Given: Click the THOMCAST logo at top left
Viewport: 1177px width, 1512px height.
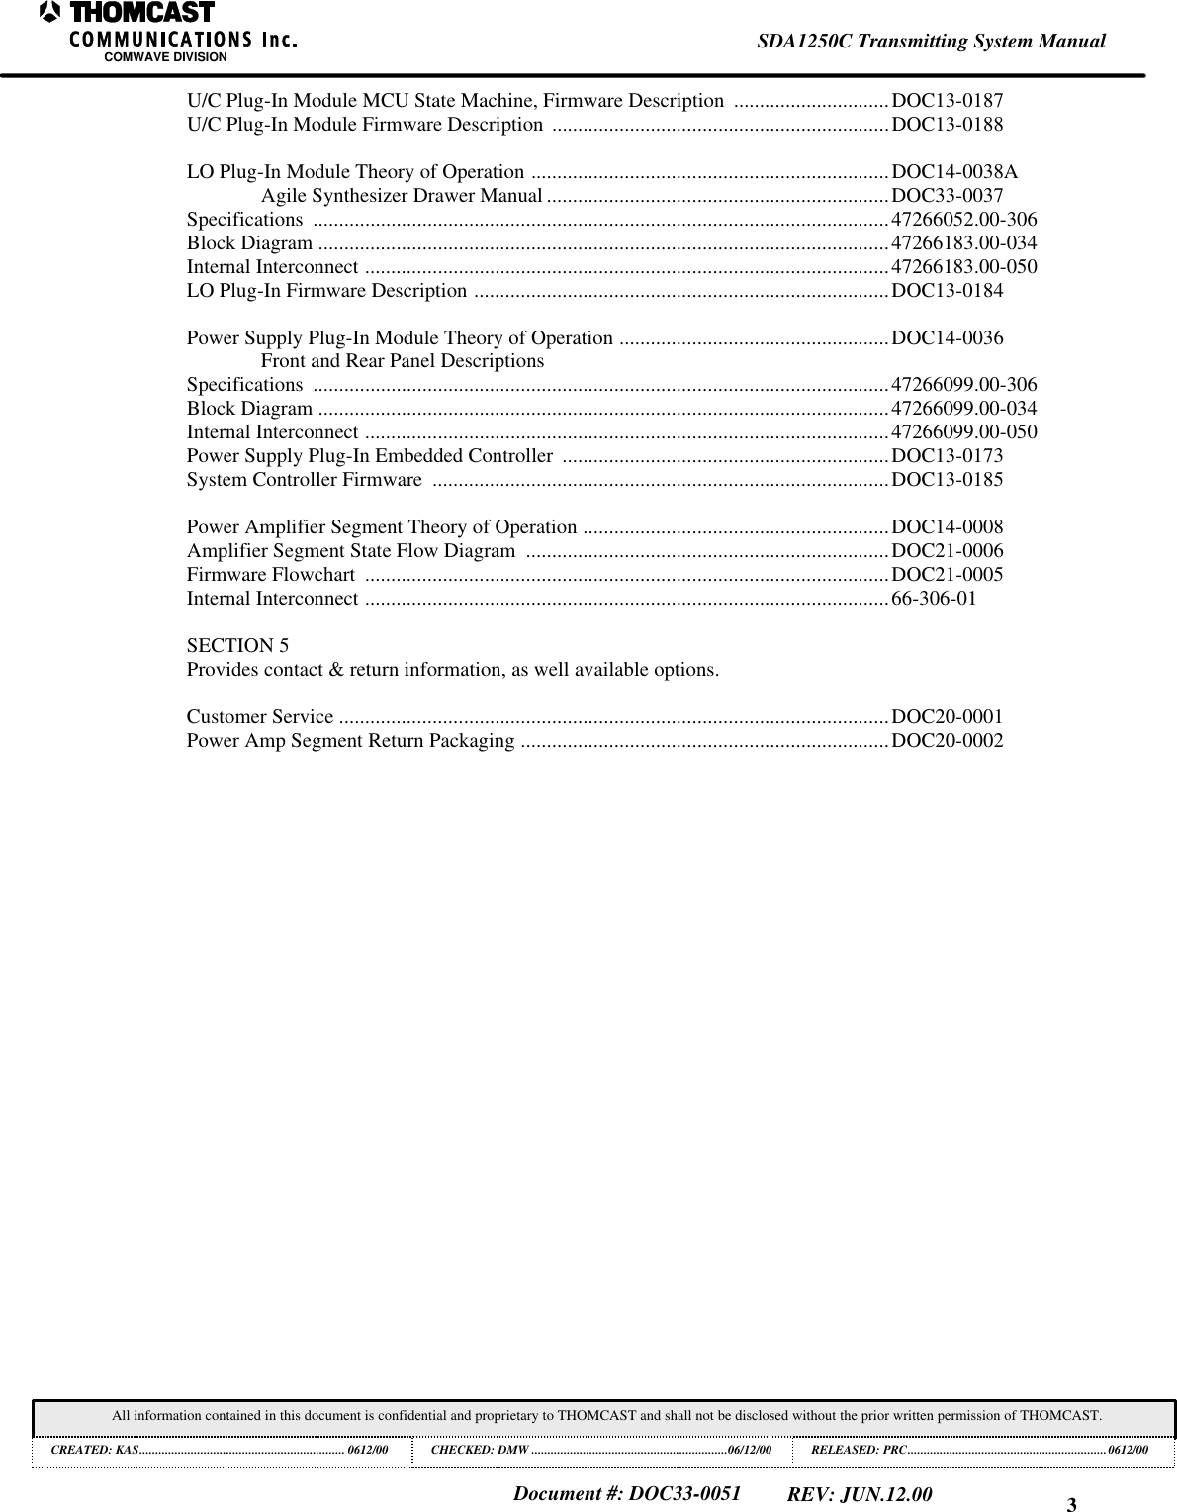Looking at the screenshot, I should click(x=129, y=14).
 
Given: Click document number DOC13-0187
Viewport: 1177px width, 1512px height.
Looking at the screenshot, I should click(x=947, y=101).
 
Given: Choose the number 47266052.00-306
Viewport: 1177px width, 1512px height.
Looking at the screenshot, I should click(x=964, y=219).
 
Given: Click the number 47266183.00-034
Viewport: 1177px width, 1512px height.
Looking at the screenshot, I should click(x=964, y=242).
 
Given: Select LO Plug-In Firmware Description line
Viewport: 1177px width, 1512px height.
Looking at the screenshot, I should click(x=327, y=291).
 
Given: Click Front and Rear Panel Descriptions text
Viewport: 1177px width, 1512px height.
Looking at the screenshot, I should click(x=402, y=361).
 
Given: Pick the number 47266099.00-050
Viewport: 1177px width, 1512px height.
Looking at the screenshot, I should click(x=964, y=431).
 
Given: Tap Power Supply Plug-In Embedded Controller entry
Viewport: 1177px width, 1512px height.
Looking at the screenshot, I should click(x=369, y=456).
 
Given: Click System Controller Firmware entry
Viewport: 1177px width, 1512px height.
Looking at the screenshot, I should click(x=305, y=480).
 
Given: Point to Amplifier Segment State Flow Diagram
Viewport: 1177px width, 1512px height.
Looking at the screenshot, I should click(x=351, y=551).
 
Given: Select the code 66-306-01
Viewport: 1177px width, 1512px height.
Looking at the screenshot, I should click(x=934, y=599).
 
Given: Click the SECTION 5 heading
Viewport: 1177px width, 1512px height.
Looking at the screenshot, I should click(x=238, y=646).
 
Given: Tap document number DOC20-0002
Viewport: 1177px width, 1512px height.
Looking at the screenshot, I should click(x=947, y=741).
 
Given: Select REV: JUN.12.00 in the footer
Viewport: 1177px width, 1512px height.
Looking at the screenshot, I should click(x=859, y=1493).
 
